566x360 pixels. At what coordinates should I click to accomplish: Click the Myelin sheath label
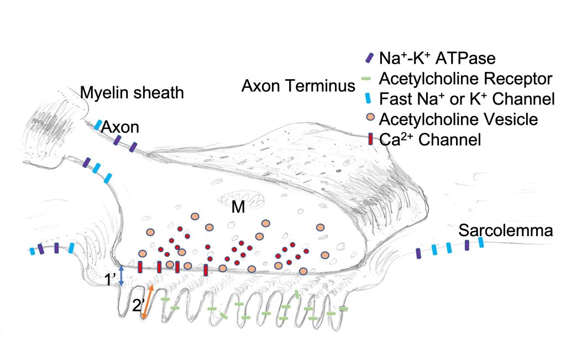coord(132,92)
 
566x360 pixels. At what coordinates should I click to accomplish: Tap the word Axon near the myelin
coord(120,127)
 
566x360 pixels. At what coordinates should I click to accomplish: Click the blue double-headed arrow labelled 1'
coord(122,274)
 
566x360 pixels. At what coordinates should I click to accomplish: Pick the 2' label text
coord(139,305)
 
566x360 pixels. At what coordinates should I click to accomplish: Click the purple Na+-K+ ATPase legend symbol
coord(369,58)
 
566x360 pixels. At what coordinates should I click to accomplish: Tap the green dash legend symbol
coord(369,79)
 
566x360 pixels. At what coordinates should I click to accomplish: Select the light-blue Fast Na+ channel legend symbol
coord(369,100)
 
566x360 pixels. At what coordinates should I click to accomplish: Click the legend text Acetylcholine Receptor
coord(465,79)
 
